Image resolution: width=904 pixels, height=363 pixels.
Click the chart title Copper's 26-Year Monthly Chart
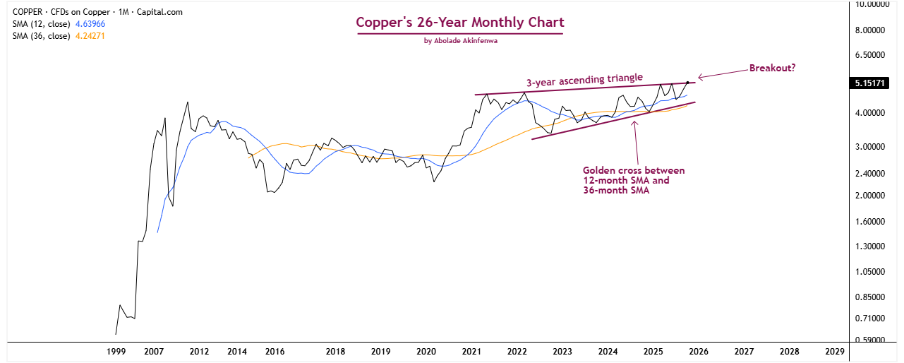coord(460,22)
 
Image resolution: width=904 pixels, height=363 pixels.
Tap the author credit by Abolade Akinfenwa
coord(460,41)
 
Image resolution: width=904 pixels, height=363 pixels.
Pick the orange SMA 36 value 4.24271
coord(95,35)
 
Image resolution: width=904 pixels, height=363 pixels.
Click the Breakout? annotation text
coord(773,69)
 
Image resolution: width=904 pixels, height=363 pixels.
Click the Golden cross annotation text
coord(633,180)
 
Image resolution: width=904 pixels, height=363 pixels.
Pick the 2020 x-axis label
coord(426,351)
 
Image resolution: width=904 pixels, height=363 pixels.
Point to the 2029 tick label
coord(834,351)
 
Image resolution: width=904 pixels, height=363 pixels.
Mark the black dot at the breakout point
coord(687,83)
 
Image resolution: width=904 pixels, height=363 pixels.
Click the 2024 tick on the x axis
coord(608,351)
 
